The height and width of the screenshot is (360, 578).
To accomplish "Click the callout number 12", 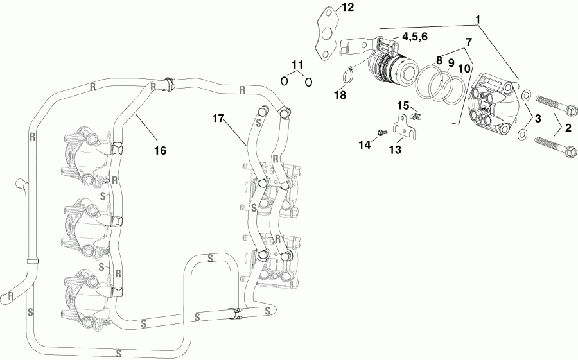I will pos(347,8).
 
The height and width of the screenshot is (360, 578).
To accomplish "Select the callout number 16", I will pos(160,150).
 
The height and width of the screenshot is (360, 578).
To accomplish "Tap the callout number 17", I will pos(219,117).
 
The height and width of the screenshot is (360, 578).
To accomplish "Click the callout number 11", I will pos(296,64).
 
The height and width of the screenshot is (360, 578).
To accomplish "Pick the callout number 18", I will pos(340,95).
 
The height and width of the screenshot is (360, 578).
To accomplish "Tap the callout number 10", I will pos(464,67).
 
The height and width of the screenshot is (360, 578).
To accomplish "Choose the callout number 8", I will pos(439,61).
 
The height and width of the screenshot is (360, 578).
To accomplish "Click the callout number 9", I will pos(451,64).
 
